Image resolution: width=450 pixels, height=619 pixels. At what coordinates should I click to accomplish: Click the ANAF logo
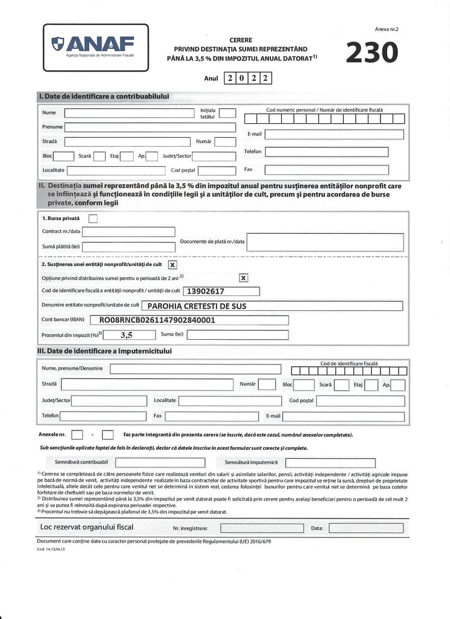[x=95, y=47]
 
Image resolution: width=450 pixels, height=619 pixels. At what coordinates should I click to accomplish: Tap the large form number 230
[x=372, y=53]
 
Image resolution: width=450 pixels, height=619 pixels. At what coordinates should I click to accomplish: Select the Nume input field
[x=129, y=112]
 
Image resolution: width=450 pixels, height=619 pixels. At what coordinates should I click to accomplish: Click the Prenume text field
[x=150, y=127]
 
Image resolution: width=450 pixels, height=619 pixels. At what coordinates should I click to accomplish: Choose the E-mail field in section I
[x=334, y=134]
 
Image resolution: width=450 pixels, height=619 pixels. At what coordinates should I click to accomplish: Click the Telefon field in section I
[x=334, y=152]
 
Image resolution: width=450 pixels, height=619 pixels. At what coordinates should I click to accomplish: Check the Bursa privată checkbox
[x=93, y=218]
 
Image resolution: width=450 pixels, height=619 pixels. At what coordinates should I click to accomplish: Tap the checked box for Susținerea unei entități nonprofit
[x=172, y=264]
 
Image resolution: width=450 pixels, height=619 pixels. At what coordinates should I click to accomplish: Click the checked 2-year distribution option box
[x=243, y=278]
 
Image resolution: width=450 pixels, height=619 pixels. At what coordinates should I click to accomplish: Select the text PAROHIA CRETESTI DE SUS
[x=197, y=306]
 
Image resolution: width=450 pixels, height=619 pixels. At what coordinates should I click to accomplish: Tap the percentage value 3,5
[x=126, y=334]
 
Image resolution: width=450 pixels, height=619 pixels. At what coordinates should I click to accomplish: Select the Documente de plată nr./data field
[x=325, y=242]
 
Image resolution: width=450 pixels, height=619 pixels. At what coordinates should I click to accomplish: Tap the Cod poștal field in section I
[x=217, y=170]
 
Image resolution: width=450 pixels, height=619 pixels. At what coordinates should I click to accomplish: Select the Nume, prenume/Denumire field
[x=195, y=369]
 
